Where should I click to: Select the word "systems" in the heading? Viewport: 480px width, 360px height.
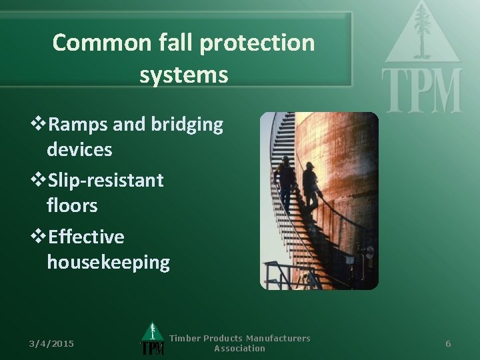(184, 75)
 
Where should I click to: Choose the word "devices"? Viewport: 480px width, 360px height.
(79, 149)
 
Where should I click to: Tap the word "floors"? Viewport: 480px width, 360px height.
(72, 205)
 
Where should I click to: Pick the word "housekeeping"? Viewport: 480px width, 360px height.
(108, 262)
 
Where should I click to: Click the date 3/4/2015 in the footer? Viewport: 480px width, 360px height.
(51, 343)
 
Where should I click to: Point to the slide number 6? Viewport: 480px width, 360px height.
(448, 343)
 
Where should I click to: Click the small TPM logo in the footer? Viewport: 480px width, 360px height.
(152, 340)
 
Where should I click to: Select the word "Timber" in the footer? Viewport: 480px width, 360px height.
(185, 338)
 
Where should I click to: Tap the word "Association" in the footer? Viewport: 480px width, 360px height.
(239, 348)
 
